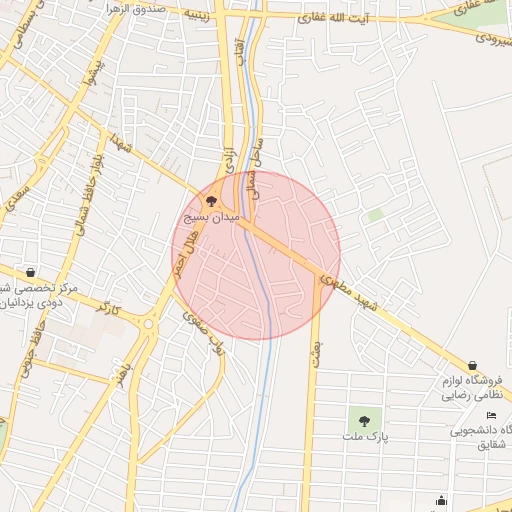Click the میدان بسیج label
click(208, 216)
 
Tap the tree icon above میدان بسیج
click(208, 200)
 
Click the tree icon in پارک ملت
click(364, 421)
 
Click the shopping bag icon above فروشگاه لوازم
click(472, 366)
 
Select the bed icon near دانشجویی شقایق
click(491, 415)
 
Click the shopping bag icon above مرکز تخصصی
click(31, 272)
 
